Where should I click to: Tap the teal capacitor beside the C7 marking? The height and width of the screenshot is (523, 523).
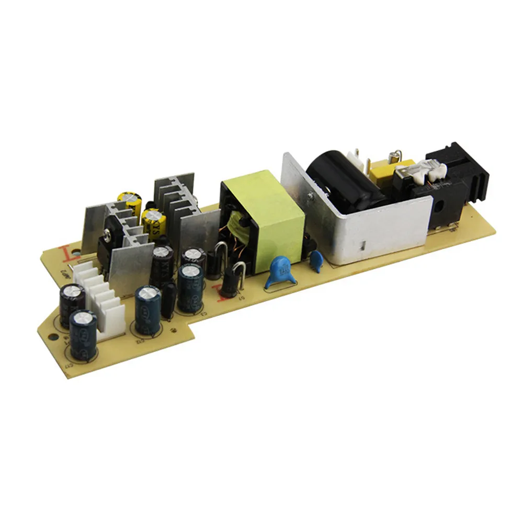coord(190,287)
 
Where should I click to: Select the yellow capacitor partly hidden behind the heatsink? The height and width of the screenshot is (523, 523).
coord(128,201)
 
